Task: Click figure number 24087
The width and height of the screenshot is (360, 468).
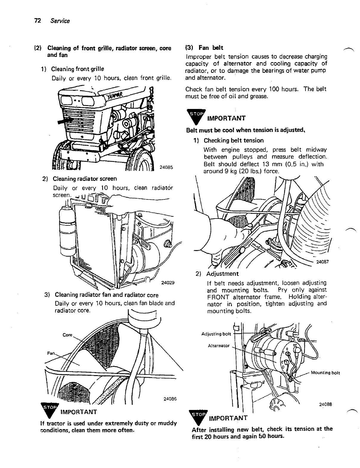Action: coord(322,262)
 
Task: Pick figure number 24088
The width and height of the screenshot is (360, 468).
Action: coord(325,404)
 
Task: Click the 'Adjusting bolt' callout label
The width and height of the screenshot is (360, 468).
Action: coord(216,334)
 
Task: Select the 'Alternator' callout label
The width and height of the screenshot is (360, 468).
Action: coord(219,346)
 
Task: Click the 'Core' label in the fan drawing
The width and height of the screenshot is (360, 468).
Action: coord(67,335)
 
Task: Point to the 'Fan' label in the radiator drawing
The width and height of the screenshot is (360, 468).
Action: coord(51,353)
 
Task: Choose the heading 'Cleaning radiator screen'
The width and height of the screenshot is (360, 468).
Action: coord(85,179)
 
